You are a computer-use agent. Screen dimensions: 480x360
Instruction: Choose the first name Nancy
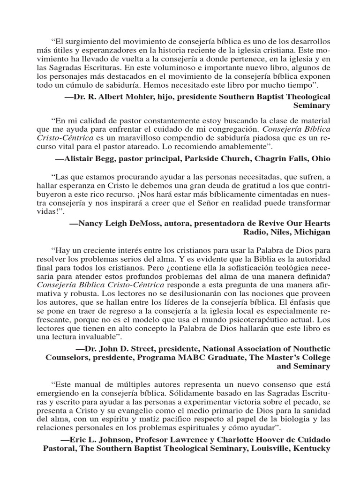tap(92, 222)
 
